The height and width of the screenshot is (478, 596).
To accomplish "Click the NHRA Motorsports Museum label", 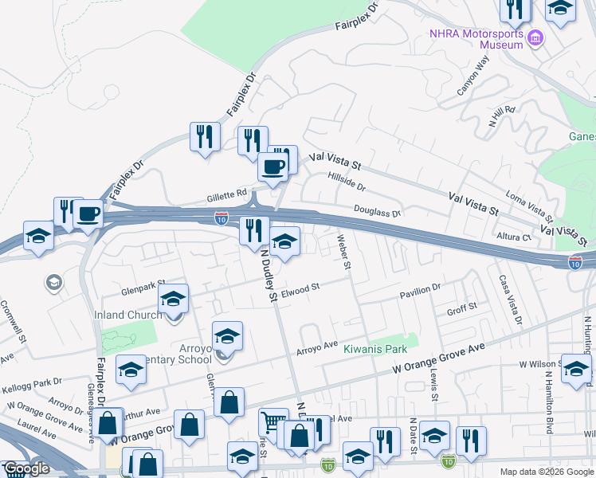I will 476,39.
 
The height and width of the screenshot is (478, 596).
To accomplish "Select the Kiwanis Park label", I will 375,349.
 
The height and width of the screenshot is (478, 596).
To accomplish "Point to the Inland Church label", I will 127,315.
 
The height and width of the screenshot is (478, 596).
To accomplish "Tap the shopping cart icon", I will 273,421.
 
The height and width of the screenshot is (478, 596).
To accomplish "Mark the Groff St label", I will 461,308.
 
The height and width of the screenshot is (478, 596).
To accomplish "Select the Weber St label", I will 344,252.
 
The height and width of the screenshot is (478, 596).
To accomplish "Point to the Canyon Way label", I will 472,76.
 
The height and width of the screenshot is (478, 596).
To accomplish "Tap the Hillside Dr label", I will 346,181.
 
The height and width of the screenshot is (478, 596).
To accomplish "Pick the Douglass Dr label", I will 377,210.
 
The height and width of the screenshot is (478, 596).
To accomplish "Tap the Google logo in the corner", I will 26,469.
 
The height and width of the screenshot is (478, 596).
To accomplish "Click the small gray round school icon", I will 53,283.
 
